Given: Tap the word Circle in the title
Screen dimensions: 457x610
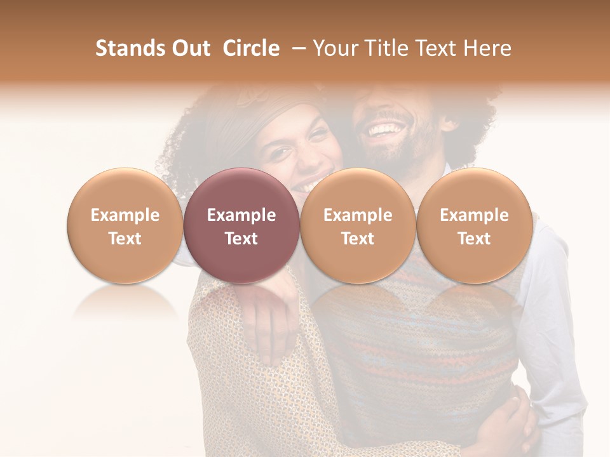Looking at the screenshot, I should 251,48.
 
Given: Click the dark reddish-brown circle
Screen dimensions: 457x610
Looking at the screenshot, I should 241,225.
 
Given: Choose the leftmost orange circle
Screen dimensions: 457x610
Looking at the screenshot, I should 125,225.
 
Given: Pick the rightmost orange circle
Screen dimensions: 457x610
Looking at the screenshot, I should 474,225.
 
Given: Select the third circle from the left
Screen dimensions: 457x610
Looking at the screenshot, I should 358,225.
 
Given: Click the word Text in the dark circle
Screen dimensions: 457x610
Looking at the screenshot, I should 241,239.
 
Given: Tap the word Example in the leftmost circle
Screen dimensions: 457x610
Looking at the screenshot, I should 125,215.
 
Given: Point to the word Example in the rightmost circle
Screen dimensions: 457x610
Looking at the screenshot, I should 474,215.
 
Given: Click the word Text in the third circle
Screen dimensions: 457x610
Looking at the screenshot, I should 358,239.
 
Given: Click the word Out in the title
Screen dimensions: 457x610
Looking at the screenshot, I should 189,48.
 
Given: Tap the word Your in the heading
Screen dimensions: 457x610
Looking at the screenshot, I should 334,48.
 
